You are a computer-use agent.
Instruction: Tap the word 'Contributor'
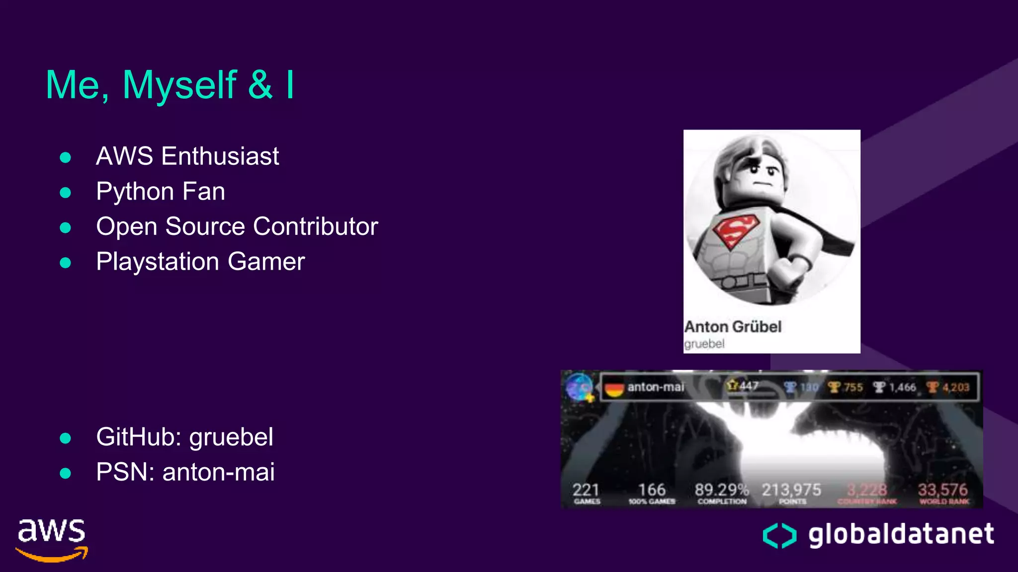click(x=316, y=227)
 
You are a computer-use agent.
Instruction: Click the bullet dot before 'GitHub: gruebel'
click(x=65, y=438)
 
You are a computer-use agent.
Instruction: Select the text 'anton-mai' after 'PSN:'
click(x=218, y=472)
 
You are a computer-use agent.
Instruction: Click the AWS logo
click(x=52, y=540)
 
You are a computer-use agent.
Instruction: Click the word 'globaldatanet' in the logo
click(x=901, y=534)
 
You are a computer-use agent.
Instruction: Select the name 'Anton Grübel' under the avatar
click(x=733, y=327)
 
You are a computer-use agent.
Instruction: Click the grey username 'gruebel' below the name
click(x=704, y=344)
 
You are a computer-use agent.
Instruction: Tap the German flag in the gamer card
click(x=614, y=388)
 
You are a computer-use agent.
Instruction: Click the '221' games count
click(x=586, y=490)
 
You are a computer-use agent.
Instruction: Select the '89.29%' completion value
click(x=721, y=490)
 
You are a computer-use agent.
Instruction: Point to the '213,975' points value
click(x=791, y=490)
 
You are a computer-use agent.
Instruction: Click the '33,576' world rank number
click(x=942, y=490)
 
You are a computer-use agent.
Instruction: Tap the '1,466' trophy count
click(x=902, y=387)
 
